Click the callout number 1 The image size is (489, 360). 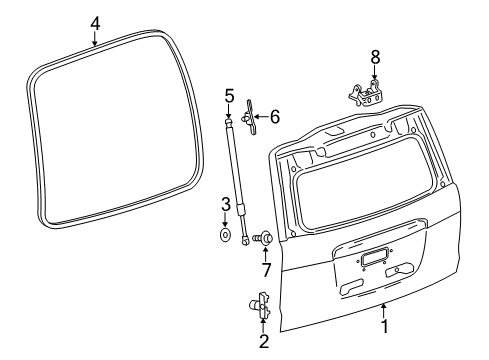[x=383, y=327]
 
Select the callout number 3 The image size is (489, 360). [x=226, y=205]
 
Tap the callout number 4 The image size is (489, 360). [x=94, y=22]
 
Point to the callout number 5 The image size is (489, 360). [x=229, y=96]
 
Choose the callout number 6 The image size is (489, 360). [x=274, y=117]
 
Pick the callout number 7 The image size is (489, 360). [x=267, y=272]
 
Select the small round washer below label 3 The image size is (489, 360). [x=226, y=236]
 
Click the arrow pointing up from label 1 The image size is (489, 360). [x=383, y=309]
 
